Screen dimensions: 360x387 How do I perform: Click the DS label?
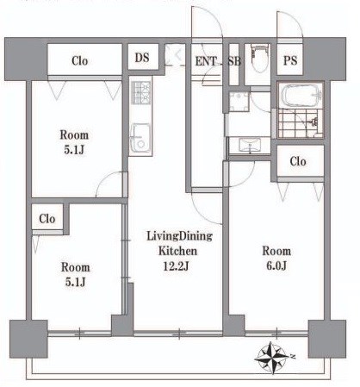[142, 58]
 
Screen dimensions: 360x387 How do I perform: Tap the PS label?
[290, 60]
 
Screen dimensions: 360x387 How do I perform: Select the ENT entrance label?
[206, 61]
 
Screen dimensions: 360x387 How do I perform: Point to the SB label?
[234, 61]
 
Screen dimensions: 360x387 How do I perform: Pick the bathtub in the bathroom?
[300, 95]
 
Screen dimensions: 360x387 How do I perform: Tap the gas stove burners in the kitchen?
[140, 92]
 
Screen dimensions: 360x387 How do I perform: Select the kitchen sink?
[140, 138]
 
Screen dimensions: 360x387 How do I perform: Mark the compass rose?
[271, 358]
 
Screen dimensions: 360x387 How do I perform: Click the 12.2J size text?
[176, 266]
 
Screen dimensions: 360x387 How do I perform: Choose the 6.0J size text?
[276, 266]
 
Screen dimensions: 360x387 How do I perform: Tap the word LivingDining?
[180, 236]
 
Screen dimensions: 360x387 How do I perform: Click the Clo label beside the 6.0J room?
[298, 161]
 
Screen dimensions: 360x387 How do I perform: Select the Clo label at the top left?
[80, 61]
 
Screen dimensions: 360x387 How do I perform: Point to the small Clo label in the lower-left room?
[47, 219]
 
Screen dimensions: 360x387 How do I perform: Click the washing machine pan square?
[239, 101]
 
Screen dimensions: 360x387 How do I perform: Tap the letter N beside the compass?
[292, 356]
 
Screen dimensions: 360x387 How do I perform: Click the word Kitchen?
[177, 251]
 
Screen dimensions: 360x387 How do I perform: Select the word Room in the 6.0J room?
[276, 251]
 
